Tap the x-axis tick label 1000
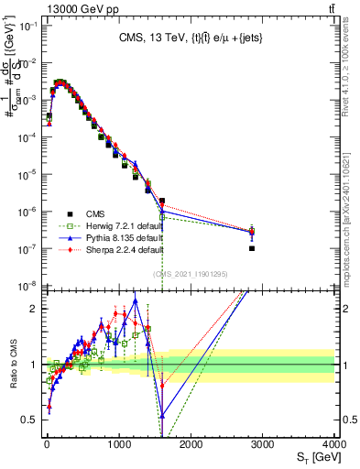[118, 443]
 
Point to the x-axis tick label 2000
[191, 443]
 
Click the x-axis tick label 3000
[263, 443]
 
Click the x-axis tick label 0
[46, 443]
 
